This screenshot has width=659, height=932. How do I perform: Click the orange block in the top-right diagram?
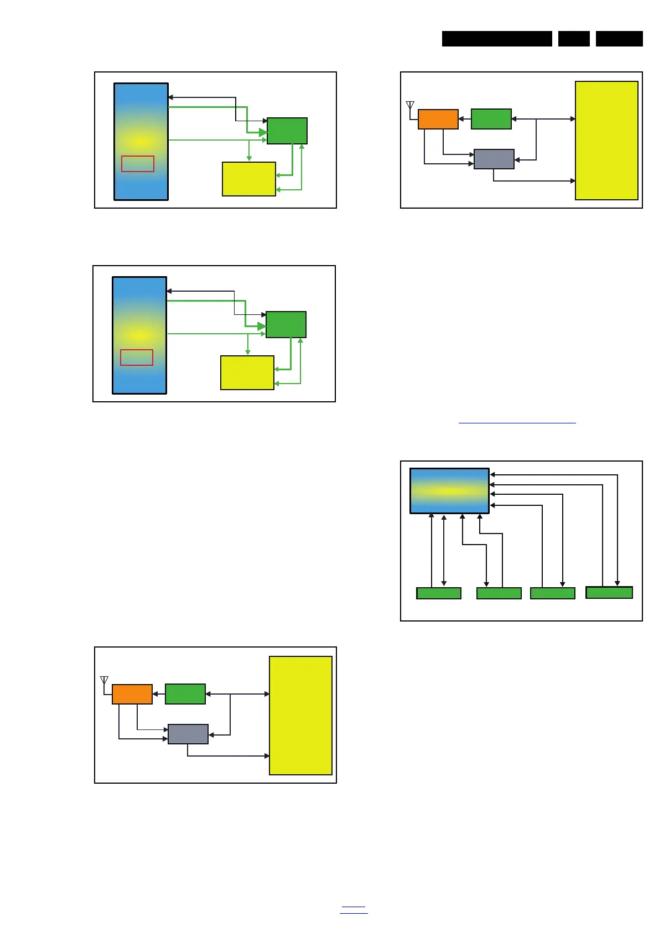pyautogui.click(x=438, y=120)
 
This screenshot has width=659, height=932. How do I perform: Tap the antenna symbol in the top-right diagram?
pyautogui.click(x=410, y=106)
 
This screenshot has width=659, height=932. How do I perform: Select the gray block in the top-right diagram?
pyautogui.click(x=494, y=159)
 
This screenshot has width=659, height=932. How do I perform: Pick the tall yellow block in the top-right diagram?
pyautogui.click(x=606, y=141)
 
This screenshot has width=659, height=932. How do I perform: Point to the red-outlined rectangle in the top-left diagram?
pyautogui.click(x=138, y=164)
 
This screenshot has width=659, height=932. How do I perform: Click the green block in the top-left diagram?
pyautogui.click(x=287, y=131)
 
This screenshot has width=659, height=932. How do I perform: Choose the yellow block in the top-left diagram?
pyautogui.click(x=249, y=179)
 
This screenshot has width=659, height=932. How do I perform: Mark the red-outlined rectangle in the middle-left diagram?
pyautogui.click(x=137, y=358)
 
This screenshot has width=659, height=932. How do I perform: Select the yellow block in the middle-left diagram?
pyautogui.click(x=247, y=372)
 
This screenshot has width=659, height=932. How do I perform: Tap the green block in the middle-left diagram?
pyautogui.click(x=286, y=325)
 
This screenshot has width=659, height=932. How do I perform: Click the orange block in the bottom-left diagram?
pyautogui.click(x=132, y=694)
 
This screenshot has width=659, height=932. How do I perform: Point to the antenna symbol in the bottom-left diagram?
pyautogui.click(x=104, y=681)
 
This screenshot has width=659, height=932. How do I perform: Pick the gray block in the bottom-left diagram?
pyautogui.click(x=188, y=734)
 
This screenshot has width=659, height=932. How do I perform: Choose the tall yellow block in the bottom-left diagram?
pyautogui.click(x=300, y=716)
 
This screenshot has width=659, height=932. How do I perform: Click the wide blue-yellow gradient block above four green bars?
pyautogui.click(x=449, y=491)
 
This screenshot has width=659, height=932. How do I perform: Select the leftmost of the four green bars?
pyautogui.click(x=439, y=593)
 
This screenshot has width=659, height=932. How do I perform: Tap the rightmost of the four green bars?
pyautogui.click(x=609, y=593)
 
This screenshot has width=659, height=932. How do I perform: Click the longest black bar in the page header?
pyautogui.click(x=497, y=39)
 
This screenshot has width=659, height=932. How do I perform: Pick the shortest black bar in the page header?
pyautogui.click(x=574, y=39)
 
